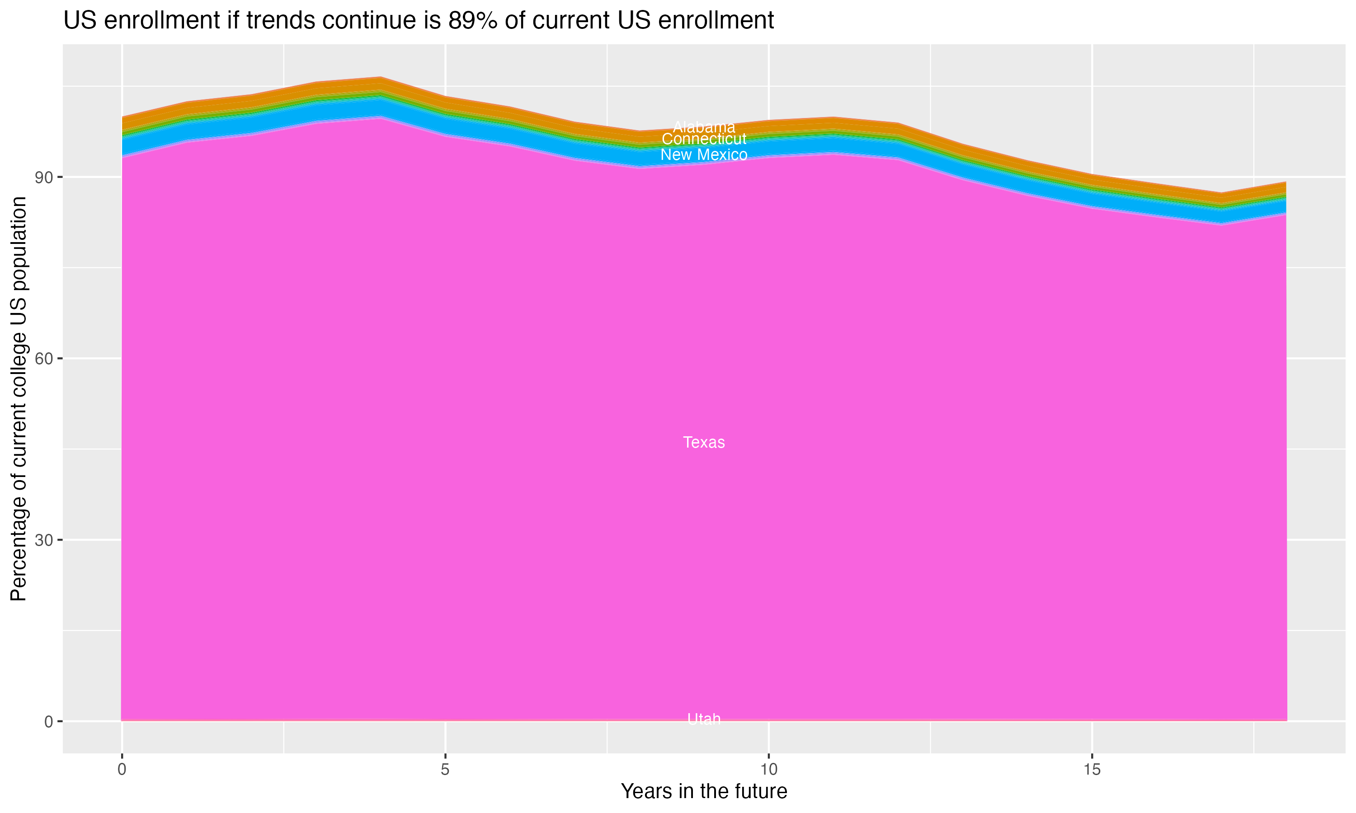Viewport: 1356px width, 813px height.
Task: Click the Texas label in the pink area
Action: click(704, 442)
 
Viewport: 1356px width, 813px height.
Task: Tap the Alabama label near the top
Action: click(704, 127)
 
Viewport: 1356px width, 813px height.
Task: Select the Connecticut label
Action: click(704, 139)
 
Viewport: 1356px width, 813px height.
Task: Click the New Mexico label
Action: click(704, 155)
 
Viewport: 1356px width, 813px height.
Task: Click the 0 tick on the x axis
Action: click(122, 770)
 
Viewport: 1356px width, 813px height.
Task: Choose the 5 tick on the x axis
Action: click(445, 770)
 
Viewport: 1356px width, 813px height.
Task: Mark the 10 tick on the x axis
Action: click(768, 770)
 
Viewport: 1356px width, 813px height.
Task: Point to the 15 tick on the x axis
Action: click(1092, 770)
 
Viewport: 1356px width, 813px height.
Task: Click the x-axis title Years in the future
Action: click(704, 792)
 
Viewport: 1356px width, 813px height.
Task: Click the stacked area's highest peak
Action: click(381, 78)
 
